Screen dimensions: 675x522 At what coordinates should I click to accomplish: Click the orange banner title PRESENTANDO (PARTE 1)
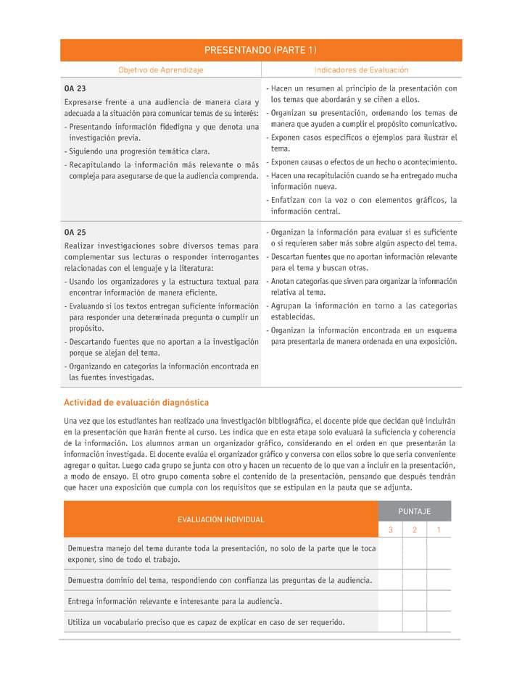260,50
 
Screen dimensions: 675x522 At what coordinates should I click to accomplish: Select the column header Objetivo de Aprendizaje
161,70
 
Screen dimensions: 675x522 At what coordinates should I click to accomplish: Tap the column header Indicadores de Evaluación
361,70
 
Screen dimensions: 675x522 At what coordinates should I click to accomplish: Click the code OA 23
75,89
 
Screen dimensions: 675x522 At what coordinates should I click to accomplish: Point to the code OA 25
75,232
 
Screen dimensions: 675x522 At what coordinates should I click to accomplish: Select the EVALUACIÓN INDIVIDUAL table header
221,519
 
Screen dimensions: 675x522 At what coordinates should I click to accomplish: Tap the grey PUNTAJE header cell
415,511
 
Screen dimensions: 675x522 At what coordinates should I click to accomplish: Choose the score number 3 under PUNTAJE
391,530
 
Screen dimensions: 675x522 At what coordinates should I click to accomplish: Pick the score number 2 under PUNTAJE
415,530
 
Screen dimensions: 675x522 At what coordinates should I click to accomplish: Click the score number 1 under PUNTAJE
439,530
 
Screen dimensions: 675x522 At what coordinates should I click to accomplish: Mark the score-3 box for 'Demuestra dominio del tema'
391,580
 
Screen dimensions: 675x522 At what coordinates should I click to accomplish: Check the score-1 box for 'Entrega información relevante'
439,601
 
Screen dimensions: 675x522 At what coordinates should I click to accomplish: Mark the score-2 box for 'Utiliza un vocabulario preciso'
415,622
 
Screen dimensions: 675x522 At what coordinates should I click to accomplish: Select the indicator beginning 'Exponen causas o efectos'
362,162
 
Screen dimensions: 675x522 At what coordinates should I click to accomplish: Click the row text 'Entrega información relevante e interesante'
175,601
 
